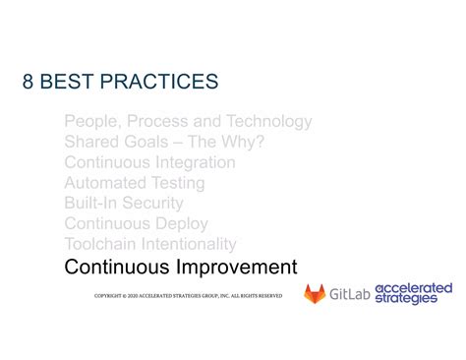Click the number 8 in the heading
point(30,82)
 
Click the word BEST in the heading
point(75,82)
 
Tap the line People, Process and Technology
point(188,122)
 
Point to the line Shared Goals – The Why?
point(163,143)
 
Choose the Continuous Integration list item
point(149,162)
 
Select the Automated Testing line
point(134,183)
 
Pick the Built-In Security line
point(123,204)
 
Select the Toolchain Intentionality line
point(149,244)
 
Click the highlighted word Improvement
point(236,267)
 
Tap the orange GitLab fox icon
point(315,293)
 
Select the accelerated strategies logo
point(413,293)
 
